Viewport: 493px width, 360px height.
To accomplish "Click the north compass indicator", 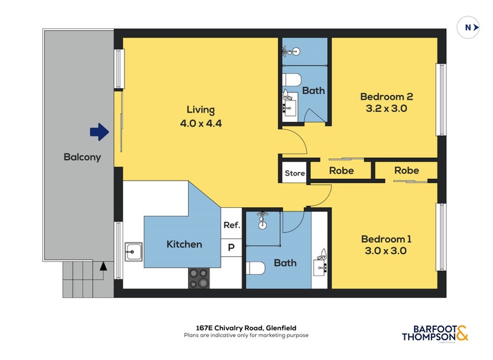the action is click(468, 28).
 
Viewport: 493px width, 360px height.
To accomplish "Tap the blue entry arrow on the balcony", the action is click(99, 132).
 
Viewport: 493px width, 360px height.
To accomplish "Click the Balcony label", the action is click(83, 157).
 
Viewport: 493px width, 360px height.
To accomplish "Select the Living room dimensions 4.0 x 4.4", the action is click(201, 123).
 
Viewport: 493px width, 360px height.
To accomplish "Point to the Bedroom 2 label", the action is click(386, 97).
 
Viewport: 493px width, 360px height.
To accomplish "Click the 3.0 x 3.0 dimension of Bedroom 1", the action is click(386, 251).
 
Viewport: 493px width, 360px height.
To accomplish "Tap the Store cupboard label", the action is click(295, 173).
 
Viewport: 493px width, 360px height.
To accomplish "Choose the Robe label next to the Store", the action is click(341, 171).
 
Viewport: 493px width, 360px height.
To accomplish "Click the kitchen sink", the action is click(134, 252).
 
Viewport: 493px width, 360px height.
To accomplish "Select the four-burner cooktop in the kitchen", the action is click(199, 278).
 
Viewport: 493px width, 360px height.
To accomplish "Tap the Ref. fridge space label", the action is click(232, 225).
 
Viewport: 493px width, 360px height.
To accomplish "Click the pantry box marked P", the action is click(231, 248).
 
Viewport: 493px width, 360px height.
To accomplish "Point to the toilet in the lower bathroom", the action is click(256, 268).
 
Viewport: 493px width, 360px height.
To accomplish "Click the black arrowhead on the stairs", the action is click(104, 266).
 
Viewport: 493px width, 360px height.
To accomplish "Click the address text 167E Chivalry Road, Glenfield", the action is click(246, 328).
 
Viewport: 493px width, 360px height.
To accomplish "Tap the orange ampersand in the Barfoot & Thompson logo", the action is click(462, 333).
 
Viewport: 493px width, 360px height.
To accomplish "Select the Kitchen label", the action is click(184, 244).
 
